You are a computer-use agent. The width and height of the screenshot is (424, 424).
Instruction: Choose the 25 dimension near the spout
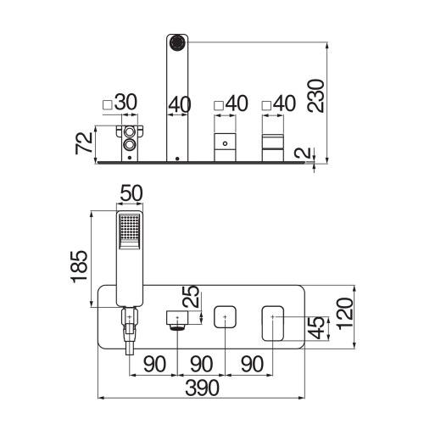click(191, 298)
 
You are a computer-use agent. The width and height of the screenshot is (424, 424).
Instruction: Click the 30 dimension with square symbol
click(126, 103)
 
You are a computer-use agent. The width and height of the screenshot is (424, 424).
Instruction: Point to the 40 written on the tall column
click(180, 103)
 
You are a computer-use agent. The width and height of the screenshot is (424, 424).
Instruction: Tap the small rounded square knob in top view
click(225, 316)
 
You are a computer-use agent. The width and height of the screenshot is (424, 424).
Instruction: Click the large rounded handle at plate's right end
click(273, 321)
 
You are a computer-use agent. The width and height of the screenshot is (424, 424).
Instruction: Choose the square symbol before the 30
click(108, 104)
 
